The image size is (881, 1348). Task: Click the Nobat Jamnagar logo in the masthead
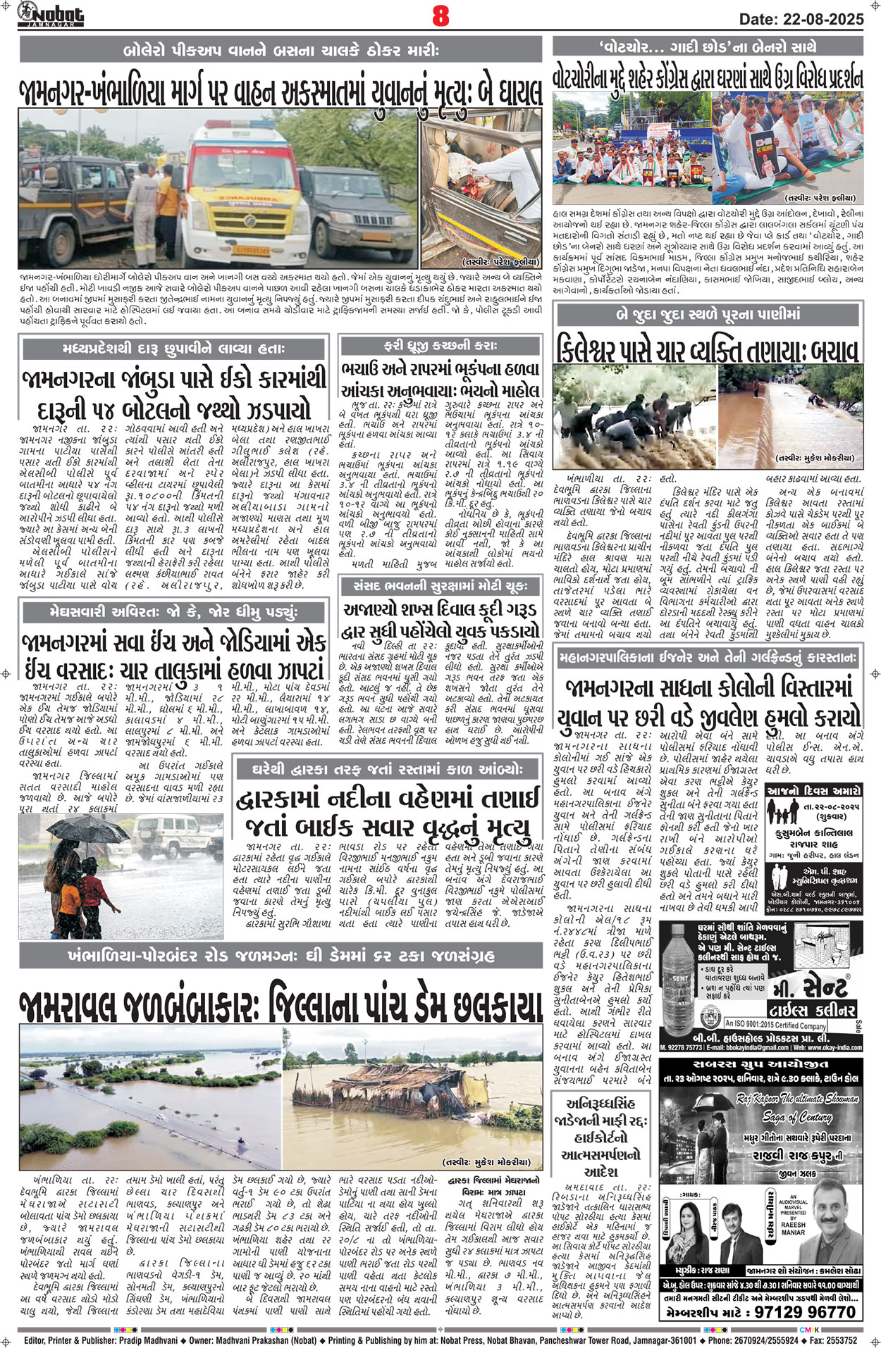51,14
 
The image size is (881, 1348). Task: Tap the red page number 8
440,16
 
